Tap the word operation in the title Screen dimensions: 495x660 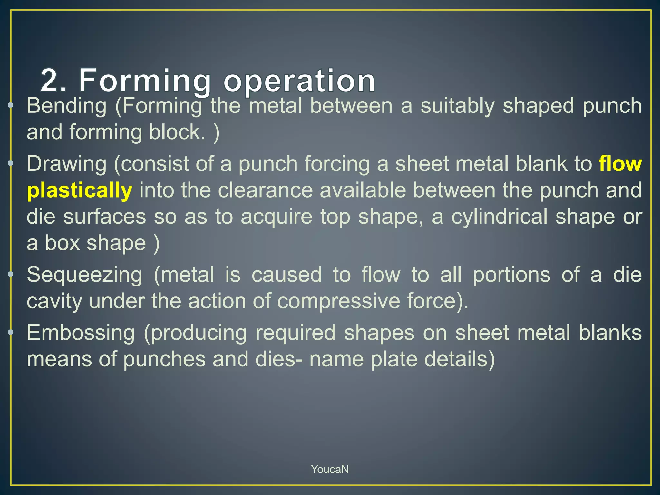click(299, 80)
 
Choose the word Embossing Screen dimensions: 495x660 click(81, 333)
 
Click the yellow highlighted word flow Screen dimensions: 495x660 click(620, 164)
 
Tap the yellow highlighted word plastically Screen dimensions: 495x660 click(79, 190)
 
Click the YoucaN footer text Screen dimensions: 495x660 click(330, 469)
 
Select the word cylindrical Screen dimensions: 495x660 click(499, 217)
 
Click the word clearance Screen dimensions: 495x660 click(265, 190)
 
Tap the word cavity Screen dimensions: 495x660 click(54, 302)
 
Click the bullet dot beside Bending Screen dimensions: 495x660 click(11, 105)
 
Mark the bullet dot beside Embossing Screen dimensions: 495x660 click(11, 332)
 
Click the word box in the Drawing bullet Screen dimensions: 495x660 click(62, 243)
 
